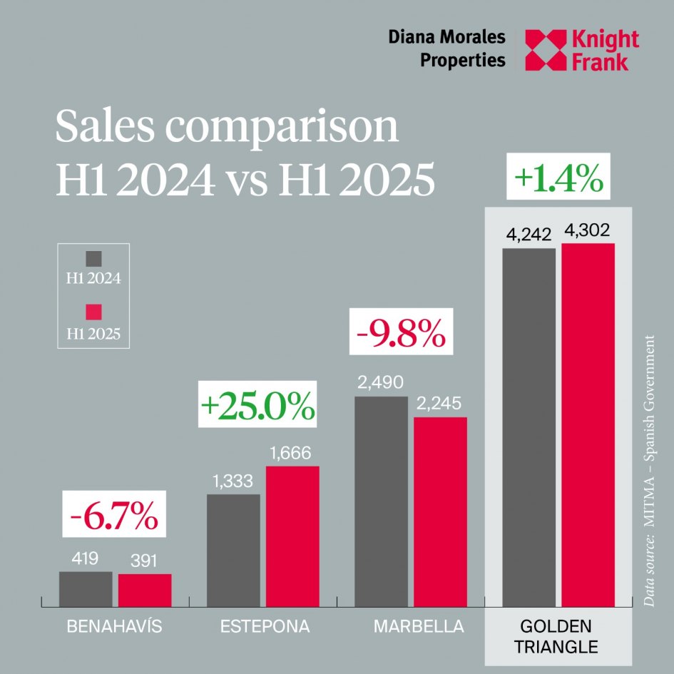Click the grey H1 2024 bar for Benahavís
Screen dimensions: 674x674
[x=86, y=589]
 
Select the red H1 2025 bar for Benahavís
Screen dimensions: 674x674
[x=145, y=591]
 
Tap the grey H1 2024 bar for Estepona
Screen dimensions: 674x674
[x=233, y=550]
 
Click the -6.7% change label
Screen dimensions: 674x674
[x=114, y=514]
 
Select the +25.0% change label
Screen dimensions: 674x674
[x=257, y=407]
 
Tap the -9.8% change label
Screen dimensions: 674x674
[x=401, y=333]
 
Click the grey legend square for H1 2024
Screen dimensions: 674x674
[x=93, y=259]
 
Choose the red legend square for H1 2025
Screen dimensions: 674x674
[x=93, y=312]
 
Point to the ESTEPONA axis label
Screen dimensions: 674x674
[x=265, y=628]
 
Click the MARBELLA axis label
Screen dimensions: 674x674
[x=419, y=628]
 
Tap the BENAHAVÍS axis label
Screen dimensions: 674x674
[x=114, y=628]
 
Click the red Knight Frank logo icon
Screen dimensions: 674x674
[x=543, y=50]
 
